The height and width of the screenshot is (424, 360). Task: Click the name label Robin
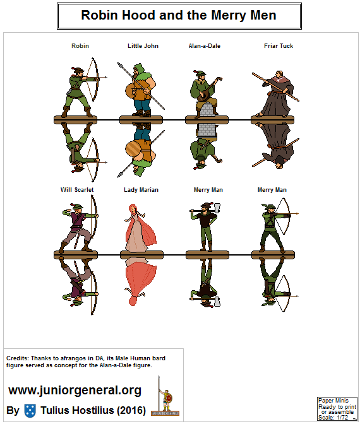(80, 46)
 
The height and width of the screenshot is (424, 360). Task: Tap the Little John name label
(143, 46)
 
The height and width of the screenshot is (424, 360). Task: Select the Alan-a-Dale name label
(205, 46)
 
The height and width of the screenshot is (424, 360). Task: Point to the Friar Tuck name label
(279, 46)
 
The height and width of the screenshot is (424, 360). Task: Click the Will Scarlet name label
(77, 190)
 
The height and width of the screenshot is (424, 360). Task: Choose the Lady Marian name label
(141, 190)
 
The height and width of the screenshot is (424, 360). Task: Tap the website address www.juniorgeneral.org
(75, 390)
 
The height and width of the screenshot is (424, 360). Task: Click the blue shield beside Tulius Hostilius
(30, 411)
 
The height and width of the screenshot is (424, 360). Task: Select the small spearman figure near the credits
(165, 396)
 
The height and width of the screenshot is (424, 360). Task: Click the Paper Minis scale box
(337, 409)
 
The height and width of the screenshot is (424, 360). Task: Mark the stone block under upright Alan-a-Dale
(207, 110)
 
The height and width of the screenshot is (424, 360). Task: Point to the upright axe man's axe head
(217, 208)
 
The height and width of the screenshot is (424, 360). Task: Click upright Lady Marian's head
(133, 208)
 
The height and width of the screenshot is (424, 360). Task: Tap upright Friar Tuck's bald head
(279, 74)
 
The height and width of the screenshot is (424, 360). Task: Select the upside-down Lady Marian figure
(140, 281)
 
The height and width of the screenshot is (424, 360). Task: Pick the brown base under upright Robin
(75, 119)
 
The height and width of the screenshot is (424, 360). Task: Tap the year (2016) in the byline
(131, 411)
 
